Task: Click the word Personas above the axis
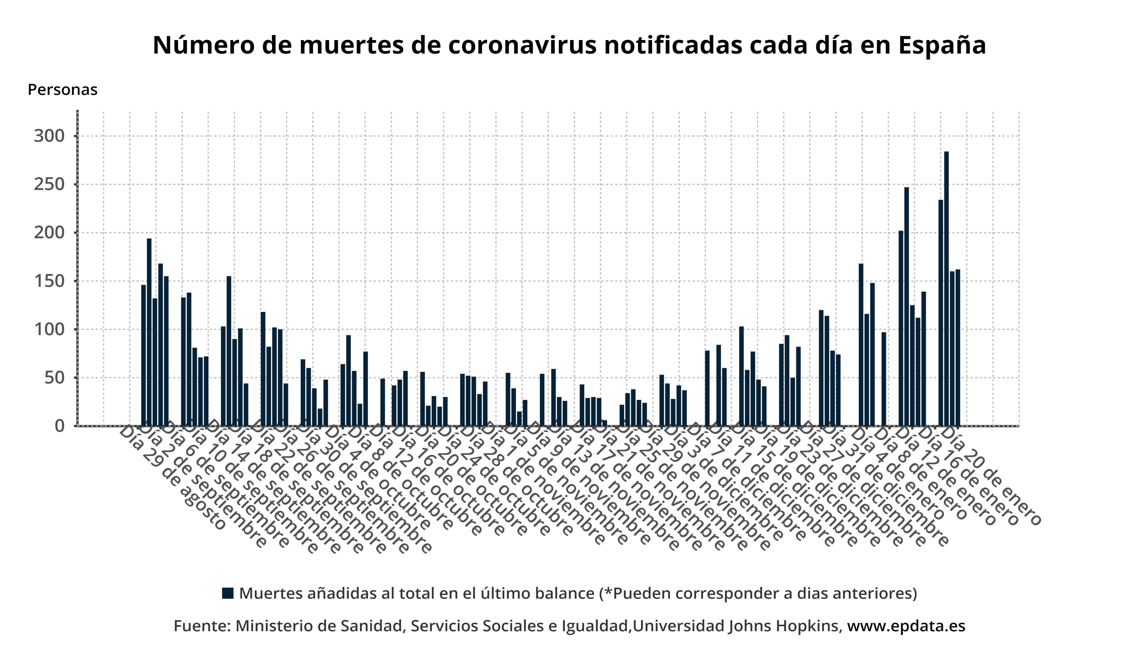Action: click(62, 90)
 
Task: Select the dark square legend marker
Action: click(228, 593)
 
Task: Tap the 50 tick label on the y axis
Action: click(54, 377)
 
